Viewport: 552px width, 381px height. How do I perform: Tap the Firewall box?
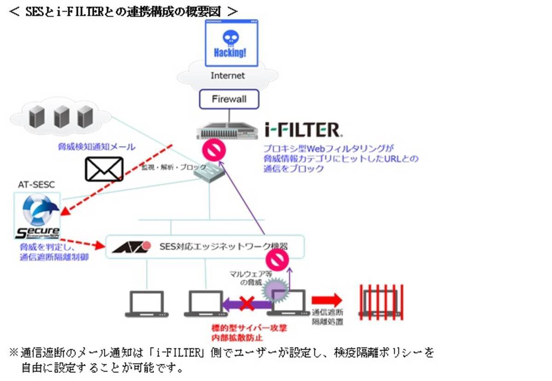229,99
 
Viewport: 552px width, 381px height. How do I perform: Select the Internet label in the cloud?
228,76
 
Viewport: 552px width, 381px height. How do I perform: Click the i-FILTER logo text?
304,129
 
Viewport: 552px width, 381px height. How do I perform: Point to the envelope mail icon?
104,169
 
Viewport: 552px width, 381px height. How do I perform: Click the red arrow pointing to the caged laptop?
327,300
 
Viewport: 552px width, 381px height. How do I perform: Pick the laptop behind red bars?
379,302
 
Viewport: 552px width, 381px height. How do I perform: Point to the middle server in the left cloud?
61,117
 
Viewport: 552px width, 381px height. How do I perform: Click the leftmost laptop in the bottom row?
144,304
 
